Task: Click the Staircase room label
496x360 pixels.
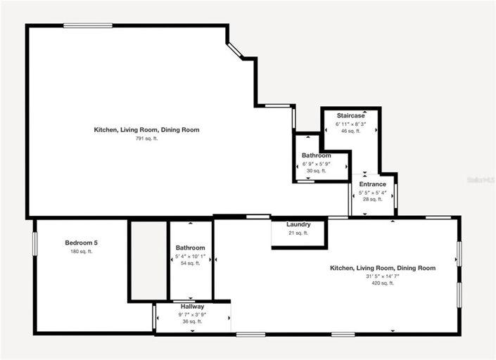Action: [350, 115]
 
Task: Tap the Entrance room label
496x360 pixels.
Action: [372, 184]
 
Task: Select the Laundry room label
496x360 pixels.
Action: [298, 224]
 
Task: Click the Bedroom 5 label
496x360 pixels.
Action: [81, 243]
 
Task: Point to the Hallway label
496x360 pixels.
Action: [192, 307]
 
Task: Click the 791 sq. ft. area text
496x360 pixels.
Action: [146, 139]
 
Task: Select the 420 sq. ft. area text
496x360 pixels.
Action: [383, 283]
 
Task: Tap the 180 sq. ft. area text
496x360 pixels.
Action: [81, 252]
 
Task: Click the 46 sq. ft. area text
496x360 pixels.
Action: [350, 131]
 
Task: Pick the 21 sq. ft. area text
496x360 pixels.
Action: [298, 233]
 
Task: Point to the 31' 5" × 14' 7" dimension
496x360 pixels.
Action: [383, 276]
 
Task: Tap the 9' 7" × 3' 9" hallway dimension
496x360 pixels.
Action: [192, 314]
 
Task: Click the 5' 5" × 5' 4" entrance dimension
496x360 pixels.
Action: [372, 192]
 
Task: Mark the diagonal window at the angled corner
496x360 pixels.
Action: [234, 50]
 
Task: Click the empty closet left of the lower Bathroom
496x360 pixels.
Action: [148, 260]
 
